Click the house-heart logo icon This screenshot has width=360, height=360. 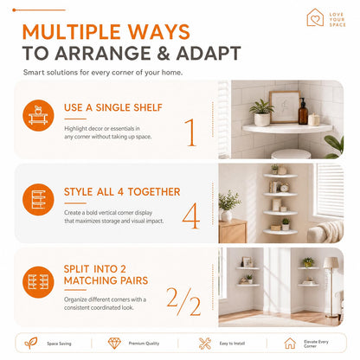[315, 17]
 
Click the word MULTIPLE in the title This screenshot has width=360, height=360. [71, 32]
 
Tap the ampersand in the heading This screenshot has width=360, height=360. [164, 53]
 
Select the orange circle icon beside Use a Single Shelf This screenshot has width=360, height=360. [38, 115]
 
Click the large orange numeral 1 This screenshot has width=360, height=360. [190, 132]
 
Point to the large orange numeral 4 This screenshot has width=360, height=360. [191, 215]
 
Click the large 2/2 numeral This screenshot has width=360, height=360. [183, 301]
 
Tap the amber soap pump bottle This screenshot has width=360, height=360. [303, 112]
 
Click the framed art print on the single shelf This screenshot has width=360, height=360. [285, 107]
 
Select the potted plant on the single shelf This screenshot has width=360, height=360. [262, 113]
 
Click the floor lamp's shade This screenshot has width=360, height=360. [331, 263]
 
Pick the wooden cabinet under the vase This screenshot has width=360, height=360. [233, 231]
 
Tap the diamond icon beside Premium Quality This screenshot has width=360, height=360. [114, 343]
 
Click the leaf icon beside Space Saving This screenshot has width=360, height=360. [31, 343]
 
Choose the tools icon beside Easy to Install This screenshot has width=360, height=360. [205, 344]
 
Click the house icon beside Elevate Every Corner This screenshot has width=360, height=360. [290, 344]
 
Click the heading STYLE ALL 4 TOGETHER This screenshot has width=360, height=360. [122, 192]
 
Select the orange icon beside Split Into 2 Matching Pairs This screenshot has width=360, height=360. [38, 282]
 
